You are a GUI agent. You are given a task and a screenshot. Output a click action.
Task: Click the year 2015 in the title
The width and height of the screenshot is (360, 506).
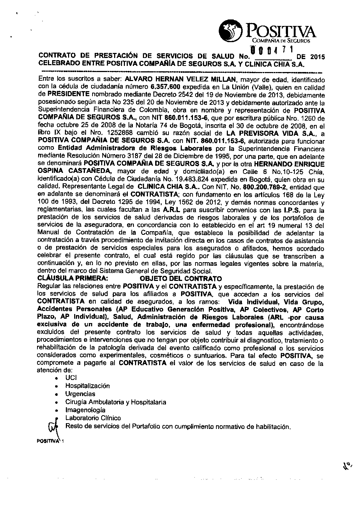317,57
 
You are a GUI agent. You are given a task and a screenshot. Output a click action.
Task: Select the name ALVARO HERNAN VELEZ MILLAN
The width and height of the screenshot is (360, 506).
180,79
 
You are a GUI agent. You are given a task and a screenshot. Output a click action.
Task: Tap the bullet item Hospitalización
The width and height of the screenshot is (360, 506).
87,386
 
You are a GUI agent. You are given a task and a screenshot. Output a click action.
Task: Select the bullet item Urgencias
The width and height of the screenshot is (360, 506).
80,394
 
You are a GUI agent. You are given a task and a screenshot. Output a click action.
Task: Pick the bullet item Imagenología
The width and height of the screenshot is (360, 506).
85,410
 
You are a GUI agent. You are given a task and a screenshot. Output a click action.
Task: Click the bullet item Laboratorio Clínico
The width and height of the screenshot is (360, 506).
93,418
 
